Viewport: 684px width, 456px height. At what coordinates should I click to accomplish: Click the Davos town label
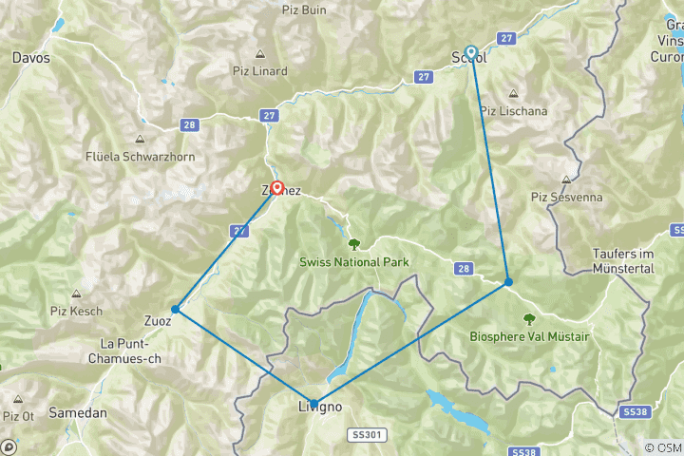point(30,58)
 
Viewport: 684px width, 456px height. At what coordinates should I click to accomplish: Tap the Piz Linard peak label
point(259,70)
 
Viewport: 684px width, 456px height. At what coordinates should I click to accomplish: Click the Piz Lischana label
point(513,110)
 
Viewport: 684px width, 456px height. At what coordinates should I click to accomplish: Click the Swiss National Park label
point(352,261)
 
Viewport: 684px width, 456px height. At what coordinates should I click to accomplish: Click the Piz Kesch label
point(75,311)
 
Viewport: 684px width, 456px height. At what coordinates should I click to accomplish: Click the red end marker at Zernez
point(276,188)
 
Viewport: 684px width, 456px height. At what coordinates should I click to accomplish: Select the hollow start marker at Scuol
point(470,52)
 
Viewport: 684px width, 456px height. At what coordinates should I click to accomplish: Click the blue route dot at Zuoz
point(175,309)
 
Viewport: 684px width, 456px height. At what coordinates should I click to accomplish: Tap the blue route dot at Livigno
point(313,403)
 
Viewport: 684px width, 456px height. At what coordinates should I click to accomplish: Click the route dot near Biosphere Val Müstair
point(508,282)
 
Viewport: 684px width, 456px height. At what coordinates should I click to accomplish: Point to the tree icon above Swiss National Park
point(352,242)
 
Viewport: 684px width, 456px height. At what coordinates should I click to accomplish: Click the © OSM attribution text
point(662,447)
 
